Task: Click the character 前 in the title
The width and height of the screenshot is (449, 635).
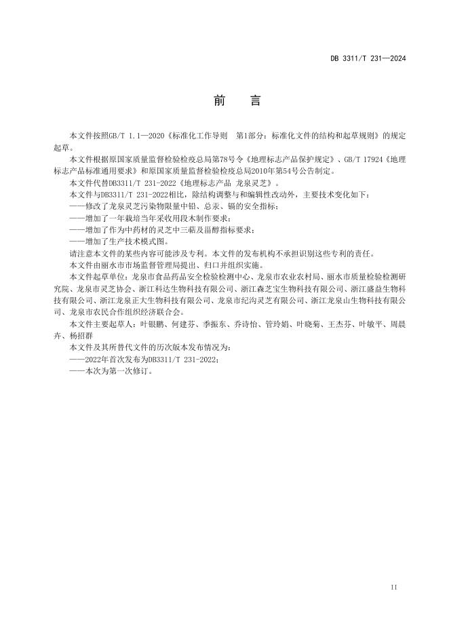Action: tap(219, 101)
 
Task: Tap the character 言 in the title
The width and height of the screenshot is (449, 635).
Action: tap(255, 101)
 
